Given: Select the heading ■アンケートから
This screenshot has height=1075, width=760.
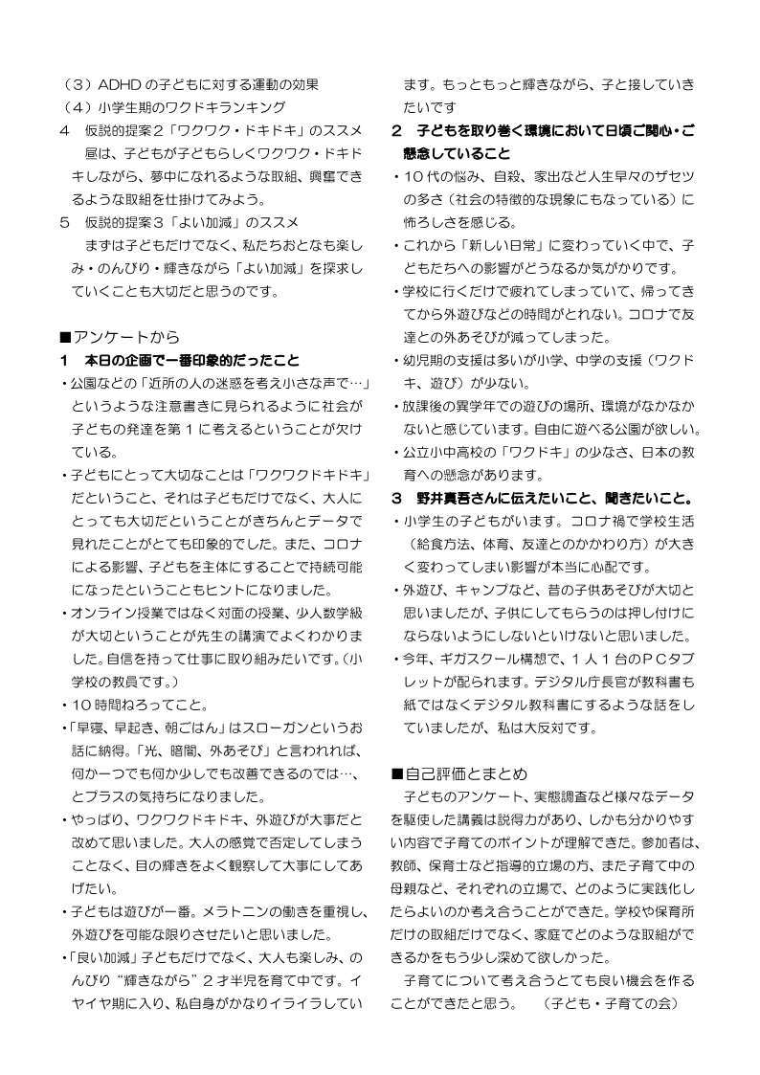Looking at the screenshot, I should [x=119, y=336].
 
